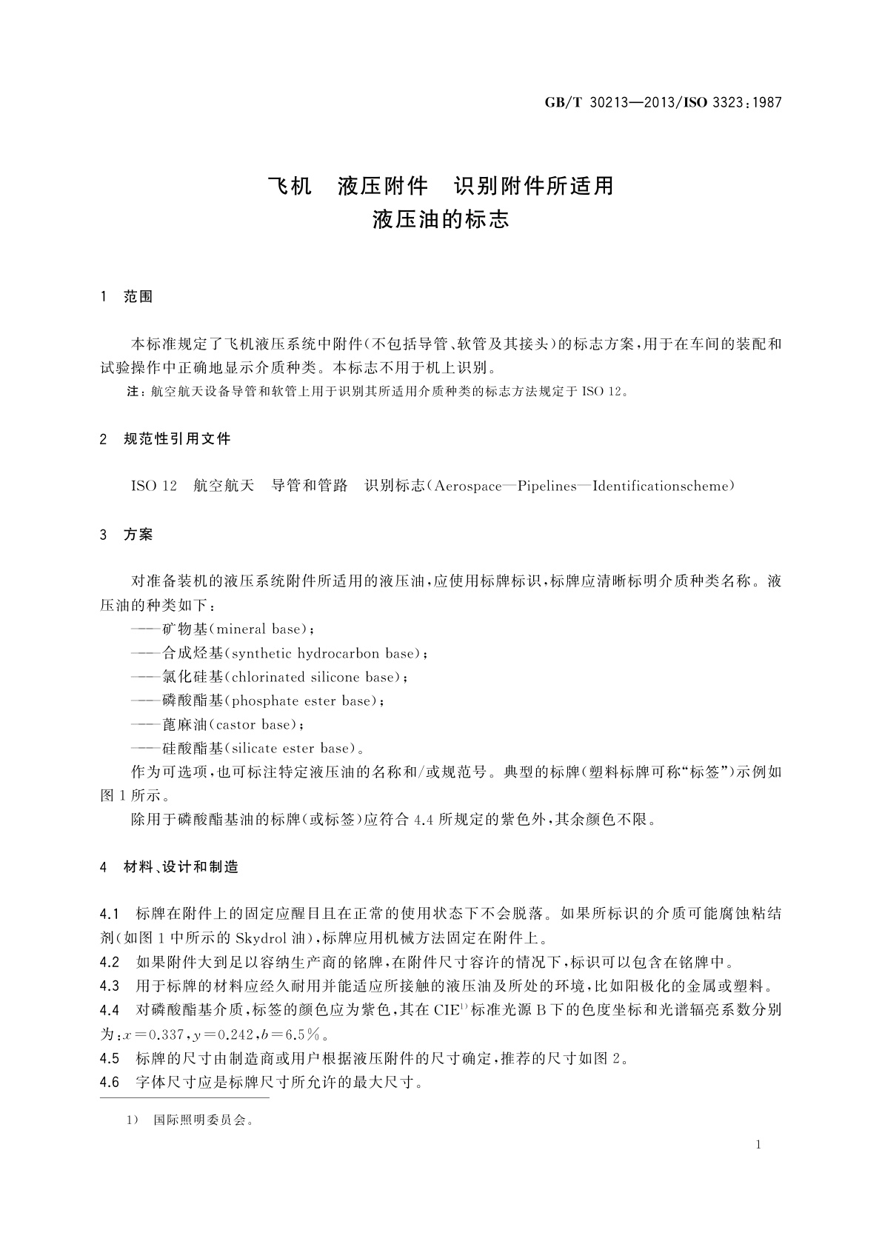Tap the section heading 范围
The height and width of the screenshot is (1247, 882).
[138, 297]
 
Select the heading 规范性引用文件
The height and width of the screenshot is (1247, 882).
[177, 439]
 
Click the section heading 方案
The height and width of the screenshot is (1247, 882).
[138, 535]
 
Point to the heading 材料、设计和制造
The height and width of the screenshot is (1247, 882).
[181, 866]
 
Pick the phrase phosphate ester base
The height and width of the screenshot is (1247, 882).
[301, 701]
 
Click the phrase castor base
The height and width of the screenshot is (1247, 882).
[252, 724]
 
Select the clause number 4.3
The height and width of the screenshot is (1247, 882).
[109, 986]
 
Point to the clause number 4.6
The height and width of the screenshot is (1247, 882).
[109, 1083]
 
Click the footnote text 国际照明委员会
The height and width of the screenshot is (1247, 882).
[200, 1120]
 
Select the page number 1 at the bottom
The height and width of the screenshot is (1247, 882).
[758, 1145]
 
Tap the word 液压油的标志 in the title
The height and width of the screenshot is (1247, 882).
[441, 220]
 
